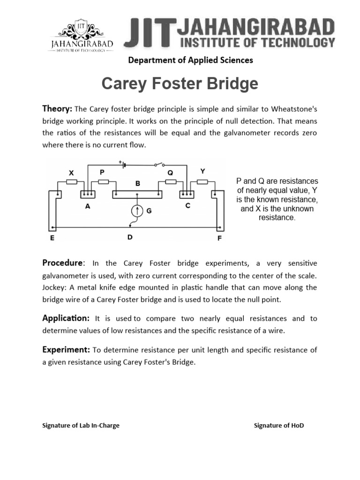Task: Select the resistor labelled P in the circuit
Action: [104, 181]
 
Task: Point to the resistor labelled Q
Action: [171, 181]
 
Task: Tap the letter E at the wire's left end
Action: [52, 238]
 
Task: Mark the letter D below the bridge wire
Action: [130, 237]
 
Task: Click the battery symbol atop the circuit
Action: [123, 165]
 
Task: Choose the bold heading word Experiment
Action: [66, 350]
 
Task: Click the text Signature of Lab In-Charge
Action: [81, 426]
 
